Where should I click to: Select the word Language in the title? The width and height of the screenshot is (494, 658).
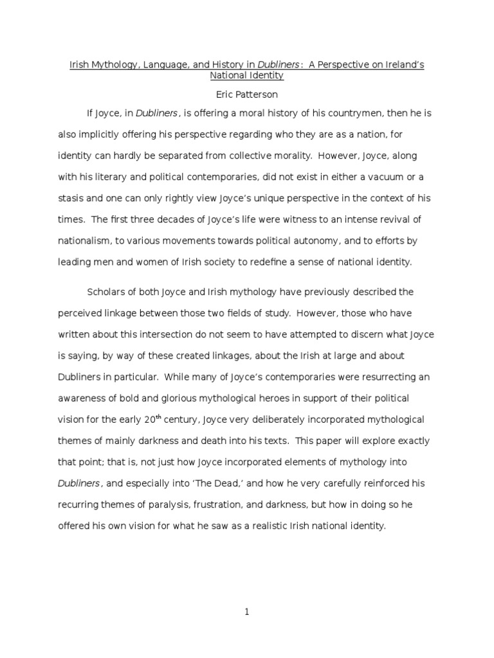145,65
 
